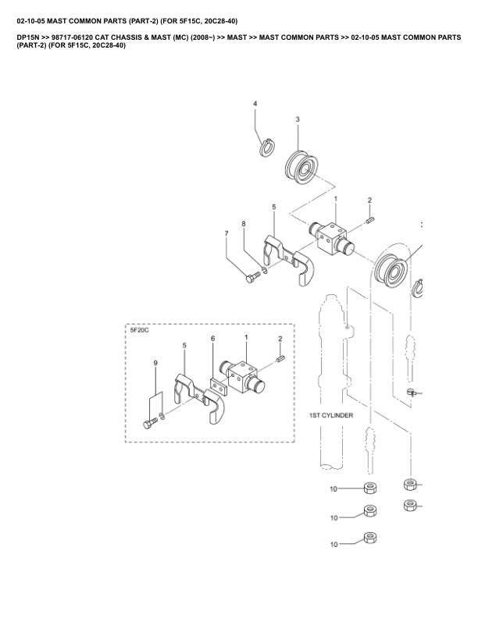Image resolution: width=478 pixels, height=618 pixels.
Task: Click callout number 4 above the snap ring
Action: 255,104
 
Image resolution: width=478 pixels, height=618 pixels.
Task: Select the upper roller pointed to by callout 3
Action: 301,169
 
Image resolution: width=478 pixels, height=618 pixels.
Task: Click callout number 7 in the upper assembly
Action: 227,234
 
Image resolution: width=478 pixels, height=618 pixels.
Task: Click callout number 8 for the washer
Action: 244,224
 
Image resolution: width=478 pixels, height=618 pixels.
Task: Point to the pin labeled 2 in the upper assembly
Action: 370,220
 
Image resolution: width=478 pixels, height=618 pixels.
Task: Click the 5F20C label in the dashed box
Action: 139,330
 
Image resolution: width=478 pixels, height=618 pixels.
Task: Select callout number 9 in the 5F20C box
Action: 155,363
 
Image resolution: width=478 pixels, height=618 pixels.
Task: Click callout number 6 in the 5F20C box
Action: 213,339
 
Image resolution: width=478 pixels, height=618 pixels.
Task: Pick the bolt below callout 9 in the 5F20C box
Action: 150,424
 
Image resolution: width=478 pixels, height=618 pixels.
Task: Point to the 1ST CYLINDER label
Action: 331,415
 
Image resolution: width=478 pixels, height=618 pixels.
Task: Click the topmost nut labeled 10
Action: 370,488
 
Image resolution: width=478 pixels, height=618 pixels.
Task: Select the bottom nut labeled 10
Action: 370,538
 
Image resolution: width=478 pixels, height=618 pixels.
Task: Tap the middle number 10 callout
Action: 334,518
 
